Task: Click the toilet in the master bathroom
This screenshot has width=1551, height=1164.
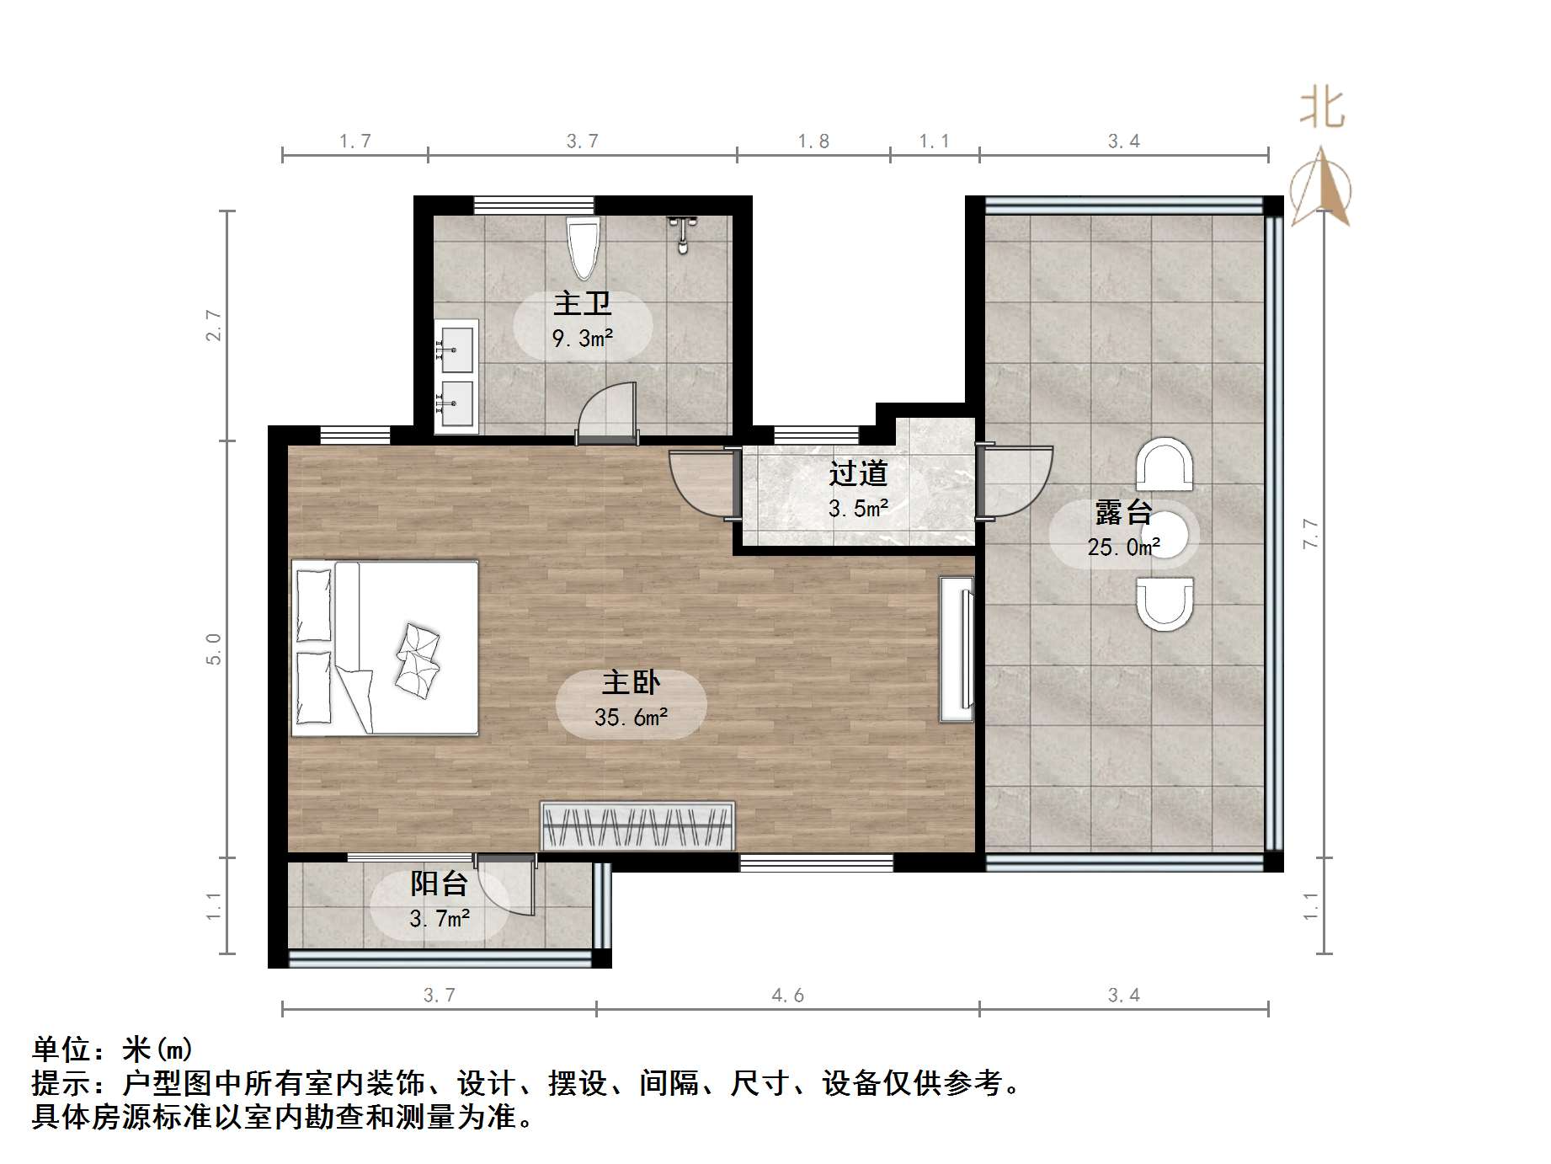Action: click(x=583, y=246)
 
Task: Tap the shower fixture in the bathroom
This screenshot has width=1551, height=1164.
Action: click(x=683, y=232)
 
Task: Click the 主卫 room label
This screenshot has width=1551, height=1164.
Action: click(x=582, y=304)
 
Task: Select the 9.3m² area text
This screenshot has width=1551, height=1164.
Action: click(x=582, y=339)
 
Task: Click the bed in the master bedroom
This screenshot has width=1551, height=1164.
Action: click(x=385, y=648)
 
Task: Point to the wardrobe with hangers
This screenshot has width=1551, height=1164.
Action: click(x=637, y=825)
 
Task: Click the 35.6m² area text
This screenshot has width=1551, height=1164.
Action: click(x=631, y=718)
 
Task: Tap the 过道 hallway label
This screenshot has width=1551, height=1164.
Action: click(x=858, y=473)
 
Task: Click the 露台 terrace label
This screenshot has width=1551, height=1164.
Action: click(x=1123, y=512)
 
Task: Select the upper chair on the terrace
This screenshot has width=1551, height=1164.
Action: click(x=1165, y=465)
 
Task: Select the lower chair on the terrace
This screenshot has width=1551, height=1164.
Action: click(x=1165, y=603)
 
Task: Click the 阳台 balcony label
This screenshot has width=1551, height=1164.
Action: click(x=439, y=884)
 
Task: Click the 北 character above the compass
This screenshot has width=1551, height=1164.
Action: click(x=1322, y=109)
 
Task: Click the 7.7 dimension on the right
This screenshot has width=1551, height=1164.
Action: click(x=1310, y=533)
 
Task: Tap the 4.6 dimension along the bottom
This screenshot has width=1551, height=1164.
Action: click(x=787, y=996)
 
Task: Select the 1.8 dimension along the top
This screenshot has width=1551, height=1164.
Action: click(x=813, y=141)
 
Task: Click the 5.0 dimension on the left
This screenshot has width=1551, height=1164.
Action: click(x=214, y=649)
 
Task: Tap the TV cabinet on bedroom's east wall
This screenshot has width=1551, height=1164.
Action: click(x=957, y=649)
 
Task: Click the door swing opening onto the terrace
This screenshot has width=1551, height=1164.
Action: click(x=1017, y=481)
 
